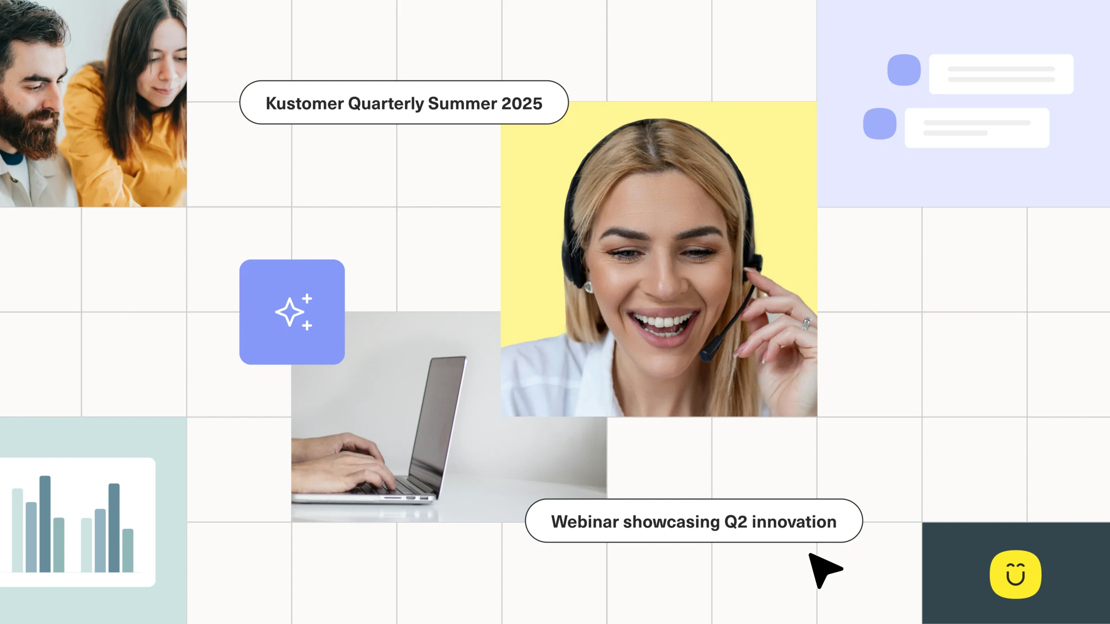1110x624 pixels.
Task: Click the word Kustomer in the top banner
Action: point(305,104)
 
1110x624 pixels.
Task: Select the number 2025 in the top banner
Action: point(522,104)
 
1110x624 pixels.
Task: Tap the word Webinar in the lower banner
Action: point(584,522)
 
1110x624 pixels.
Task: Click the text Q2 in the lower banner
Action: point(736,522)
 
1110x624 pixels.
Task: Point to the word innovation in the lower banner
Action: point(794,522)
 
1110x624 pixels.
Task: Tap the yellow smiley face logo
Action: point(1015,574)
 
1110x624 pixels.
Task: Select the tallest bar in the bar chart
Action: point(45,523)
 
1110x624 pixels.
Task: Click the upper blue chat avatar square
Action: point(904,70)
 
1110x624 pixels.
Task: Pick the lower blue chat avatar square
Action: point(880,123)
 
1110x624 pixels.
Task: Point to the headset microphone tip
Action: point(707,353)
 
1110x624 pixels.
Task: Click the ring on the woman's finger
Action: point(806,323)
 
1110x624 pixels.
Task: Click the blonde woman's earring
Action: point(589,287)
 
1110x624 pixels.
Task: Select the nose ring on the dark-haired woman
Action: point(160,77)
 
